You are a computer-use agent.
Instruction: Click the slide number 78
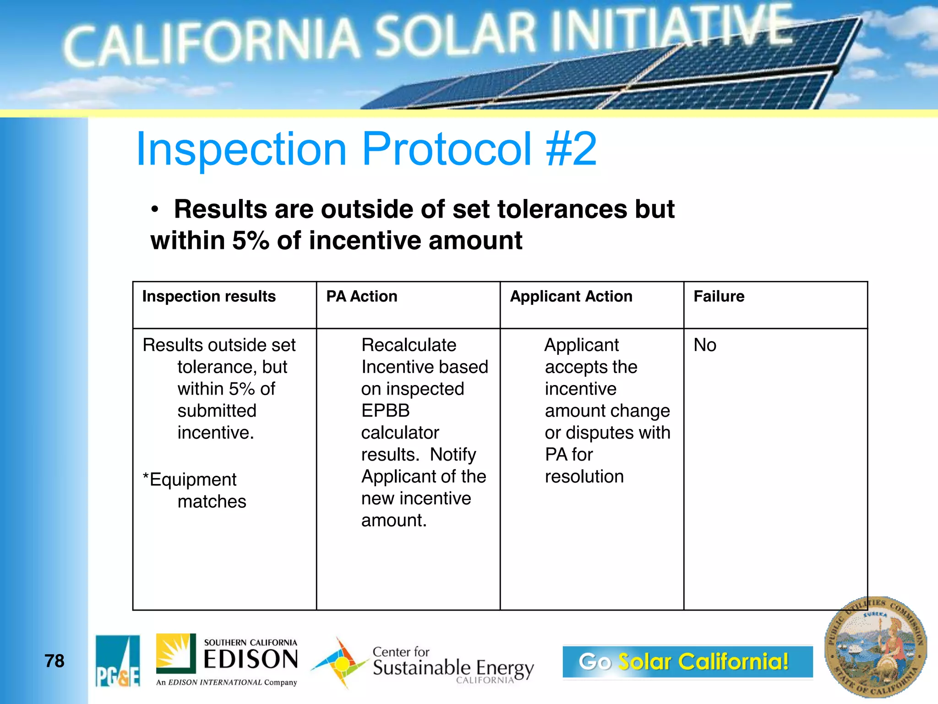54,661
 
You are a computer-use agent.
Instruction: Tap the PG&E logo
118,660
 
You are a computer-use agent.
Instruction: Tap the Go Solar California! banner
687,661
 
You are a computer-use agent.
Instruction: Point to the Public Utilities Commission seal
875,648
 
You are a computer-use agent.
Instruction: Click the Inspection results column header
209,297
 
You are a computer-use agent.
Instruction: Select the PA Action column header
361,297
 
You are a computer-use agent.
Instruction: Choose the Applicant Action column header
571,297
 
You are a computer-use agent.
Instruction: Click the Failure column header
719,297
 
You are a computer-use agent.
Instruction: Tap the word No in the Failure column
704,345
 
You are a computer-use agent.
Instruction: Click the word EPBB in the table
385,411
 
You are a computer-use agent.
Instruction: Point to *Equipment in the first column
190,480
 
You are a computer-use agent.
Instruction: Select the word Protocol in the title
447,149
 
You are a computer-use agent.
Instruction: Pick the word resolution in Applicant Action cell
584,477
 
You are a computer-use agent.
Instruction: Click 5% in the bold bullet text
250,241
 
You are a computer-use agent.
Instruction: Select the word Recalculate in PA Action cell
409,345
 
